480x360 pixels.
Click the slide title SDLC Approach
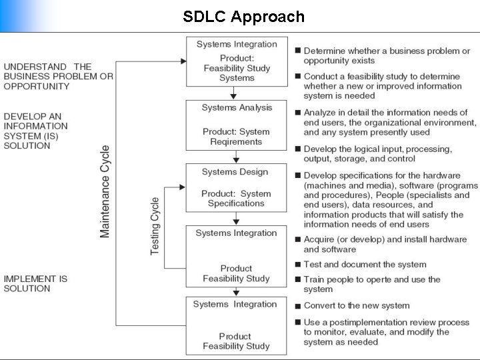pos(244,17)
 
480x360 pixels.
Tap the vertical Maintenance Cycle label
pos(105,191)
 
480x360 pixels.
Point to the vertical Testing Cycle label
pos(155,225)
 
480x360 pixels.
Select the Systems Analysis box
pos(236,124)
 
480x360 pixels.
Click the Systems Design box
pos(236,187)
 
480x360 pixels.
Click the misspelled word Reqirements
pos(236,142)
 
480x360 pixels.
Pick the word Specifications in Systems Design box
pos(236,203)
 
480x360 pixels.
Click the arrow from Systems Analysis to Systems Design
pos(236,157)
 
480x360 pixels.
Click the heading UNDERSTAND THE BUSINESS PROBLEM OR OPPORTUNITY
pos(59,77)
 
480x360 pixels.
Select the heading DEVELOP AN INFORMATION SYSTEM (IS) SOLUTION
pos(36,131)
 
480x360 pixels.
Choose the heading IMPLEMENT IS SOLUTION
pos(36,283)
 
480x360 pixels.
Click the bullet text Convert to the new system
pos(356,305)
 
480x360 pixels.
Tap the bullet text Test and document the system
pos(365,265)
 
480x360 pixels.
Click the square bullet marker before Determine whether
pos(297,51)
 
